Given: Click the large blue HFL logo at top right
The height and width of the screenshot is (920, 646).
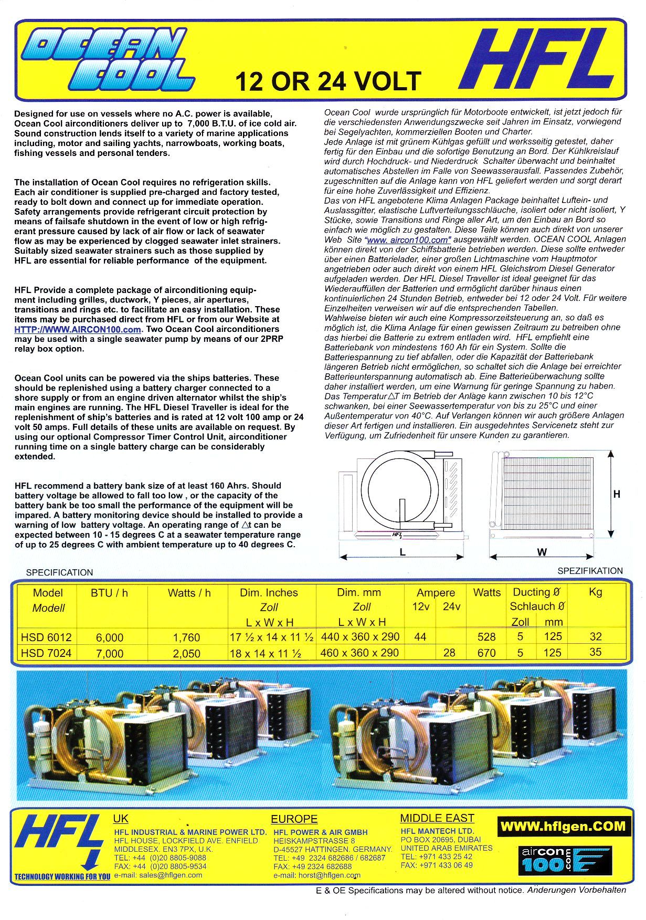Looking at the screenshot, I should [x=537, y=59].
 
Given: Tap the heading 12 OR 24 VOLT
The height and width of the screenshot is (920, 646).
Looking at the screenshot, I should [x=328, y=81].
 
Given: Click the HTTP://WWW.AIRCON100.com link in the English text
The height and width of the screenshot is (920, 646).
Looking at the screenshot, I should [x=78, y=329].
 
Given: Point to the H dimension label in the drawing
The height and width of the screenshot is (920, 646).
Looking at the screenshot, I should [x=617, y=494].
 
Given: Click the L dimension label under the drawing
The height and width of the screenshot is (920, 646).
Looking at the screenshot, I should [x=403, y=552].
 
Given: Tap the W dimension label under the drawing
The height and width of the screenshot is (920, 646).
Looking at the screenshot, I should [x=542, y=552].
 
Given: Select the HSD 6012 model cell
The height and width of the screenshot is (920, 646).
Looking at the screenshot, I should [x=46, y=637].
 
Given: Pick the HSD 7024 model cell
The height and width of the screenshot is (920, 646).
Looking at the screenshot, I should [x=46, y=653].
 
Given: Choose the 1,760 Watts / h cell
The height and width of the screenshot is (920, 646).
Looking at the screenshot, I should [x=186, y=637].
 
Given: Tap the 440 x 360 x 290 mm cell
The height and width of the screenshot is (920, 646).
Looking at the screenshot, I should [x=360, y=637].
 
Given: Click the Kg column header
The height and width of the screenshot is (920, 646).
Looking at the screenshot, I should [x=595, y=592].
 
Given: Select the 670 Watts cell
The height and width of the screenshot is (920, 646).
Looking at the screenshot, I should [x=486, y=653].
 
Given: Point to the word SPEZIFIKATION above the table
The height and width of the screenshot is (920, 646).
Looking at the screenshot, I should [x=590, y=571].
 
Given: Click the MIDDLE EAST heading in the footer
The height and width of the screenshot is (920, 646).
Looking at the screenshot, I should [x=437, y=818].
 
